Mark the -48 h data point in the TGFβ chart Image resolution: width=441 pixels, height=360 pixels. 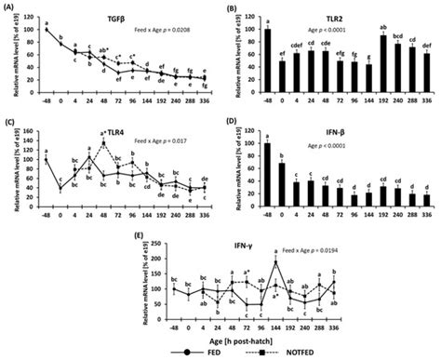(47, 30)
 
